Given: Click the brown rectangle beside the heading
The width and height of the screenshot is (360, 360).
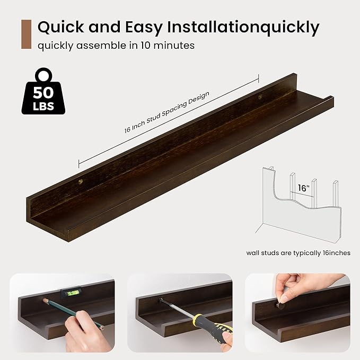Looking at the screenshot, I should point(26,34).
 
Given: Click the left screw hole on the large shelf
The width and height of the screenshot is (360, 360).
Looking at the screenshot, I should point(81,181).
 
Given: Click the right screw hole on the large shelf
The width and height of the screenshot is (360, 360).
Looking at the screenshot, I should point(260,98).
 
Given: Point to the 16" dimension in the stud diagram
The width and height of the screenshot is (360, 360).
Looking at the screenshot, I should point(303,188).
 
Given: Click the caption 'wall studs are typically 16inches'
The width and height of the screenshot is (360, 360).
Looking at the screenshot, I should point(298,252).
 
